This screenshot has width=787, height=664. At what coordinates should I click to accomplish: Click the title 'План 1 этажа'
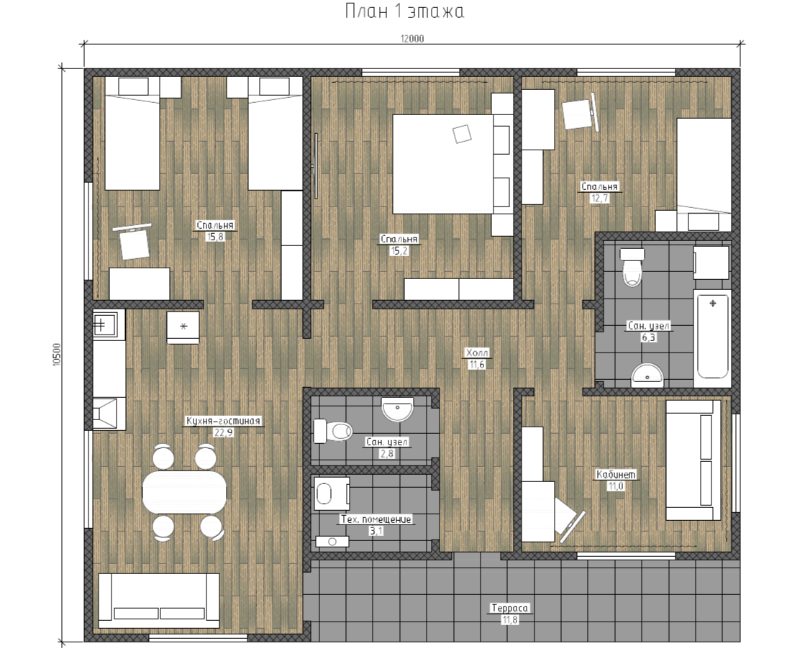404,11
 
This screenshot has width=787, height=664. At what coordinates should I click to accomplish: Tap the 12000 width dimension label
412,39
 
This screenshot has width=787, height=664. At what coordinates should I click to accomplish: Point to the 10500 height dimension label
56,355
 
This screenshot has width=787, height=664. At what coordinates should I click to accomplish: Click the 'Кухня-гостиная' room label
223,421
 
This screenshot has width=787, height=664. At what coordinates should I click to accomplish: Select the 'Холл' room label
476,353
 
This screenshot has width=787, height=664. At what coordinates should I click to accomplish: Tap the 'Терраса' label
509,608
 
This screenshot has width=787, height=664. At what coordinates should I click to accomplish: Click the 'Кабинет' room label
616,474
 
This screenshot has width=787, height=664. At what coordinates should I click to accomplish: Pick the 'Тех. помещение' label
376,519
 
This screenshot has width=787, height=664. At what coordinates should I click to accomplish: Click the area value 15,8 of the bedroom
215,237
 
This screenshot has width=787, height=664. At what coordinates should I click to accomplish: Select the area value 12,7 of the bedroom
599,198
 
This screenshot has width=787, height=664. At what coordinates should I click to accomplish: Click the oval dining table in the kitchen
184,492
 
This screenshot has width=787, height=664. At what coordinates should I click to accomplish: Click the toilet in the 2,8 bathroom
332,431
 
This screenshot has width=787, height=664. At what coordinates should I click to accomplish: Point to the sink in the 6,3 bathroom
647,376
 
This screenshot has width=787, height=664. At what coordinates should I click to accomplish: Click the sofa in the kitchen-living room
158,600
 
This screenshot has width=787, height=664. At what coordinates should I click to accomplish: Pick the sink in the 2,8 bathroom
398,409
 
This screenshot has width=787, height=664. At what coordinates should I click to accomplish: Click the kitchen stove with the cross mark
104,324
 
